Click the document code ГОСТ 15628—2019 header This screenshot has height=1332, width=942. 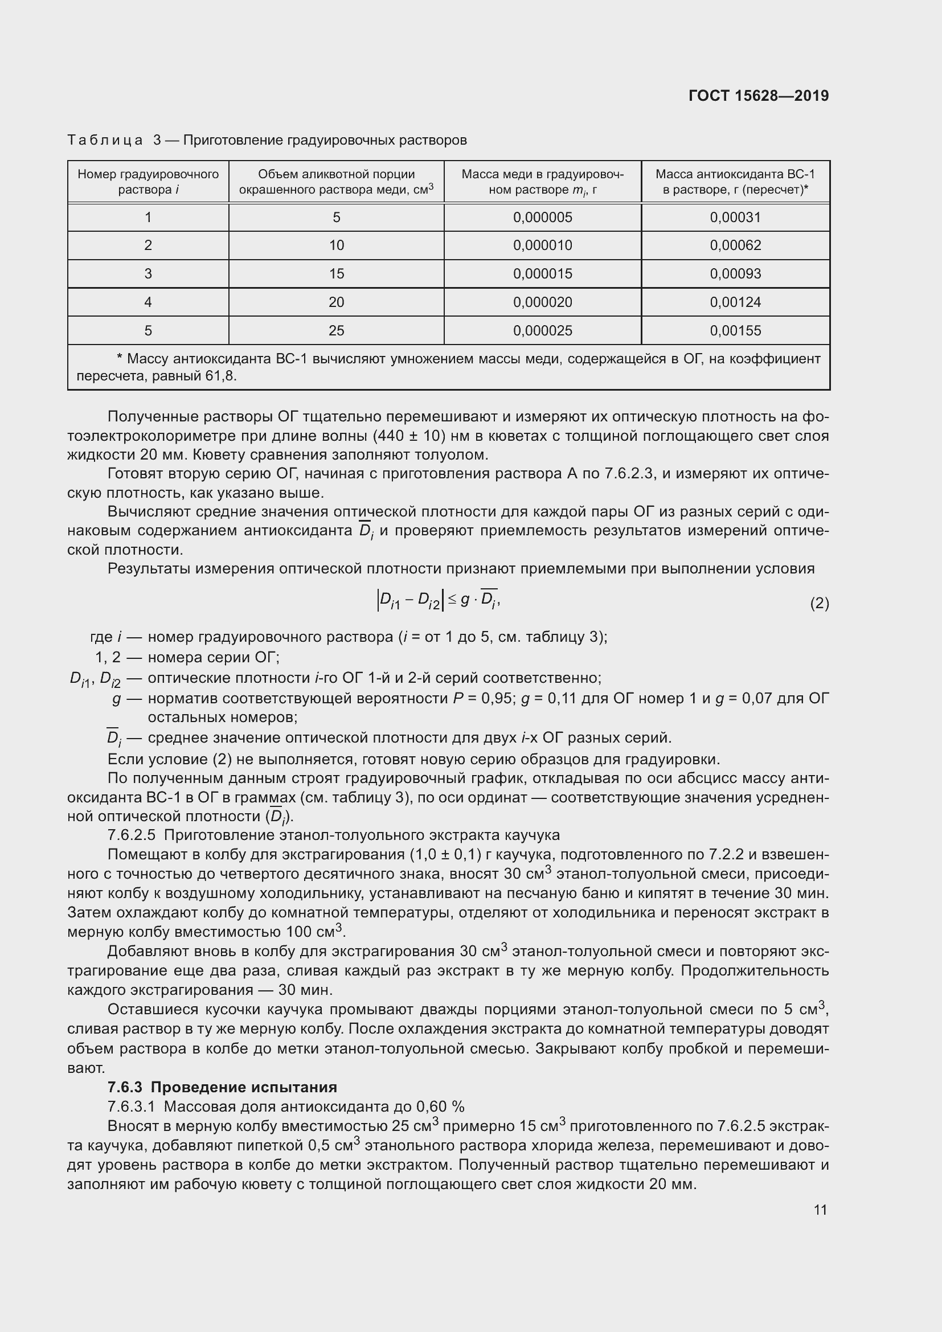coord(758,96)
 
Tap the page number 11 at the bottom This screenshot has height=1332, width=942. coord(820,1210)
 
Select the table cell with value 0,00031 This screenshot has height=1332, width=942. coord(735,218)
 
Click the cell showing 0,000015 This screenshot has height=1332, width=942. coord(542,274)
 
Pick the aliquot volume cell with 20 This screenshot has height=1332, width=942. coord(336,302)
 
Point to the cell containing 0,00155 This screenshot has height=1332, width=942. coord(735,331)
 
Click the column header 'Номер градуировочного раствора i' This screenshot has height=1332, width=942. coord(148,182)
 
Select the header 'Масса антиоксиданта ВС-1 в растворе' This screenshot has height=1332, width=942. coord(735,182)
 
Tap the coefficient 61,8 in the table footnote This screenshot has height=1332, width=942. coord(220,376)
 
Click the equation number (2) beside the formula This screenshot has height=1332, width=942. coord(819,604)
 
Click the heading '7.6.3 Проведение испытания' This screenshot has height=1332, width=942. coord(222,1087)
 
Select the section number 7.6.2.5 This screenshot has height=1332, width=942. coord(131,835)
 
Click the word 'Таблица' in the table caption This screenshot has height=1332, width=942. coord(105,141)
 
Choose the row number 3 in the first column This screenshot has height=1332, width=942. coord(148,274)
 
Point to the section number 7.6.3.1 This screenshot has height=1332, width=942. coord(131,1106)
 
